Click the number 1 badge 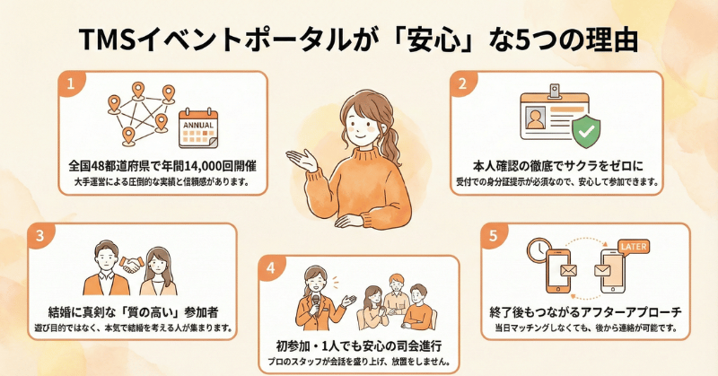pyautogui.click(x=70, y=83)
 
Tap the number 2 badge pyautogui.click(x=462, y=83)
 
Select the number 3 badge pyautogui.click(x=39, y=235)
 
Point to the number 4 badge pyautogui.click(x=270, y=267)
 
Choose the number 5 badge pyautogui.click(x=493, y=235)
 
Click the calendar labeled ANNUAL pyautogui.click(x=198, y=128)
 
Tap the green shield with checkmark pyautogui.click(x=586, y=130)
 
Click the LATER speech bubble pyautogui.click(x=634, y=248)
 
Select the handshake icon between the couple pyautogui.click(x=132, y=264)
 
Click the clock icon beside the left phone pyautogui.click(x=539, y=249)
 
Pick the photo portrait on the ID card pyautogui.click(x=535, y=118)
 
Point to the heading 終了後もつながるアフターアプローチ pyautogui.click(x=586, y=312)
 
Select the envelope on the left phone pyautogui.click(x=568, y=271)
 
